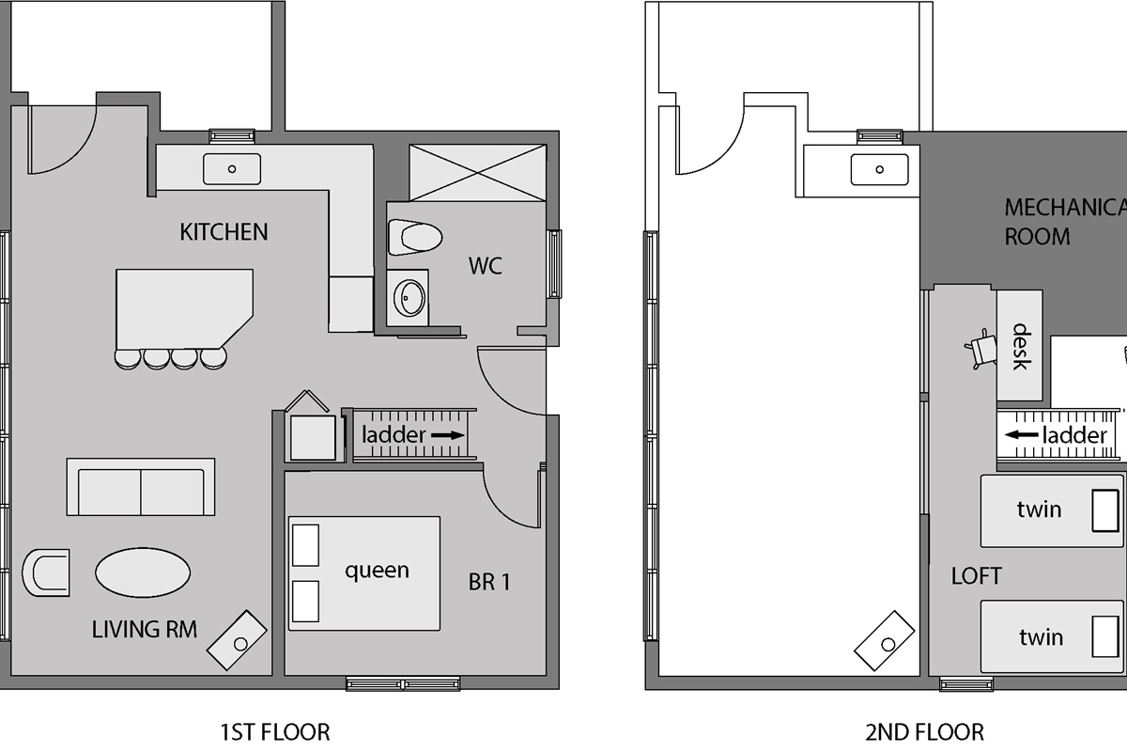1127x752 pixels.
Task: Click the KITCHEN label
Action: [224, 232]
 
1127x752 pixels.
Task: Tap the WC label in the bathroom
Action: [485, 266]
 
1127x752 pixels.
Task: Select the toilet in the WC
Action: [415, 237]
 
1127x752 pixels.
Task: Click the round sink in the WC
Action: [409, 298]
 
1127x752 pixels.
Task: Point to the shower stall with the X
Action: [477, 173]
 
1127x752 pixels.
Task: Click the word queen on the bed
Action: [377, 572]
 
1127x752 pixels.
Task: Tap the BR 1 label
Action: [489, 582]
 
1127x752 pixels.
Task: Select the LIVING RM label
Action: [145, 630]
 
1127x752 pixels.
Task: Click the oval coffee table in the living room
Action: [143, 572]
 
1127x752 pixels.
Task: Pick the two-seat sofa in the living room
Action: [141, 487]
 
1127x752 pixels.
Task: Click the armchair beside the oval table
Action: [46, 572]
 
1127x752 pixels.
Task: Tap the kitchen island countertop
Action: [184, 308]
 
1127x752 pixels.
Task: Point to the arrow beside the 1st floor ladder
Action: [447, 435]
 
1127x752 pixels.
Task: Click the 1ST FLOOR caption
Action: [275, 732]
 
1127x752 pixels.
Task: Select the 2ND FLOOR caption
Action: [925, 732]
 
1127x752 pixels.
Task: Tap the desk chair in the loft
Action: [981, 349]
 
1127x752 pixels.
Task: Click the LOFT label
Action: [977, 576]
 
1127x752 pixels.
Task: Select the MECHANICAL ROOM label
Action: [1066, 222]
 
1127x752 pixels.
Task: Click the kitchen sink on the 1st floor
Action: [232, 169]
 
